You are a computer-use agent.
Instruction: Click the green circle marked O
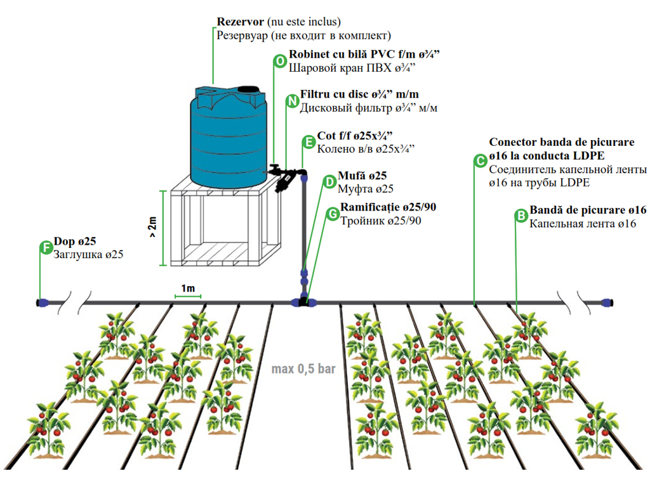pyautogui.click(x=279, y=61)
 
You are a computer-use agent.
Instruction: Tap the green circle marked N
pyautogui.click(x=292, y=101)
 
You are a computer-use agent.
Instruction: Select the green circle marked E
pyautogui.click(x=308, y=143)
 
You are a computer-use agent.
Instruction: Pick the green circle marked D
pyautogui.click(x=329, y=182)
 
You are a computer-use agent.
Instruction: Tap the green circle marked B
pyautogui.click(x=521, y=216)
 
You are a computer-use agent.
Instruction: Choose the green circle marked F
pyautogui.click(x=46, y=247)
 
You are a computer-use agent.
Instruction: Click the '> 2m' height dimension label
pyautogui.click(x=153, y=227)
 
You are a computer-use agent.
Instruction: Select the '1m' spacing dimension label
pyautogui.click(x=188, y=289)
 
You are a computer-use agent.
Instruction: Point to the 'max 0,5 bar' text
pyautogui.click(x=303, y=368)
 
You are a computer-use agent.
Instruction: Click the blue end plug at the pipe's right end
pyautogui.click(x=607, y=302)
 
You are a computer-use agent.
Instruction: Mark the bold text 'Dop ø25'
pyautogui.click(x=76, y=241)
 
